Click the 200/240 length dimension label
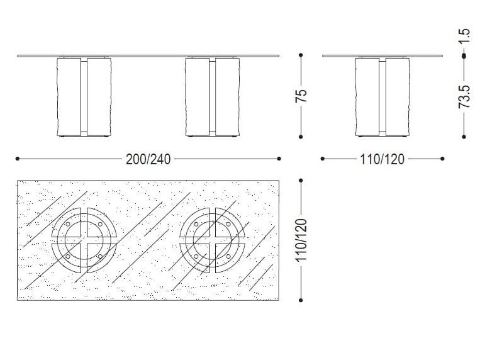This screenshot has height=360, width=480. (x=148, y=159)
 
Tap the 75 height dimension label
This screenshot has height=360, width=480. (x=301, y=96)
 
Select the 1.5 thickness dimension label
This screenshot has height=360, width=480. (x=464, y=37)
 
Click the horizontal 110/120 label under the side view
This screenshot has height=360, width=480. (x=381, y=159)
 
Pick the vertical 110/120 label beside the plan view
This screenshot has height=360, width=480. (x=301, y=240)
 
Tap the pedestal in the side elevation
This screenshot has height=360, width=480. (x=382, y=96)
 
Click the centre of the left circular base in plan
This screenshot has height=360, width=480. (x=84, y=240)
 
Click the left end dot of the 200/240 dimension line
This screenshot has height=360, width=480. (x=17, y=159)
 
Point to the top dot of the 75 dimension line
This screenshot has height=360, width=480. (x=301, y=55)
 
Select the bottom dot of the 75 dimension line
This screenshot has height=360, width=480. (x=301, y=136)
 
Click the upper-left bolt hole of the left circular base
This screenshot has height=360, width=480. (x=69, y=225)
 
